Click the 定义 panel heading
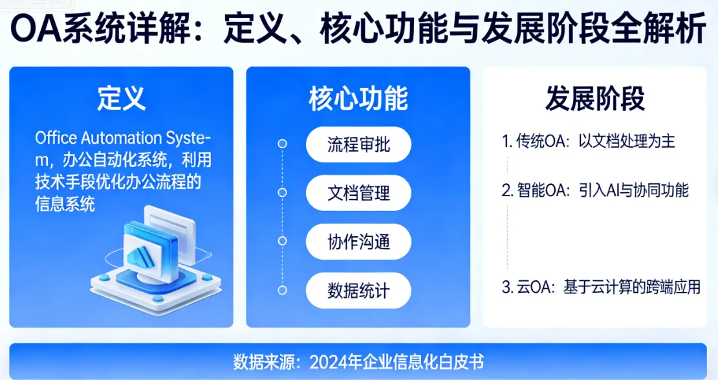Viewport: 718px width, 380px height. pos(122,100)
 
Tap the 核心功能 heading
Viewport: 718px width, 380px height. pos(358,100)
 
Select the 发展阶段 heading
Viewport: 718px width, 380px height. pos(594,100)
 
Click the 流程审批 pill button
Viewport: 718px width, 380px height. pos(358,144)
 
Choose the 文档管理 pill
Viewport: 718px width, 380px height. pos(358,192)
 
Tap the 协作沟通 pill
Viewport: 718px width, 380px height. pos(358,241)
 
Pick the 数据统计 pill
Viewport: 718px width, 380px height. pos(358,290)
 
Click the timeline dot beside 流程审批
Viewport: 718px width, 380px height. pos(282,144)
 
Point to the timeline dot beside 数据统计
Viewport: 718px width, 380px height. pos(282,290)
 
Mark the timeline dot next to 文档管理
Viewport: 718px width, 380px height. pos(282,192)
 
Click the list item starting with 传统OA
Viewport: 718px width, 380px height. pos(589,141)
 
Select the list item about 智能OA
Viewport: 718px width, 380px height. pos(595,190)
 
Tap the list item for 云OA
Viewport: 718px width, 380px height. pos(601,287)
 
